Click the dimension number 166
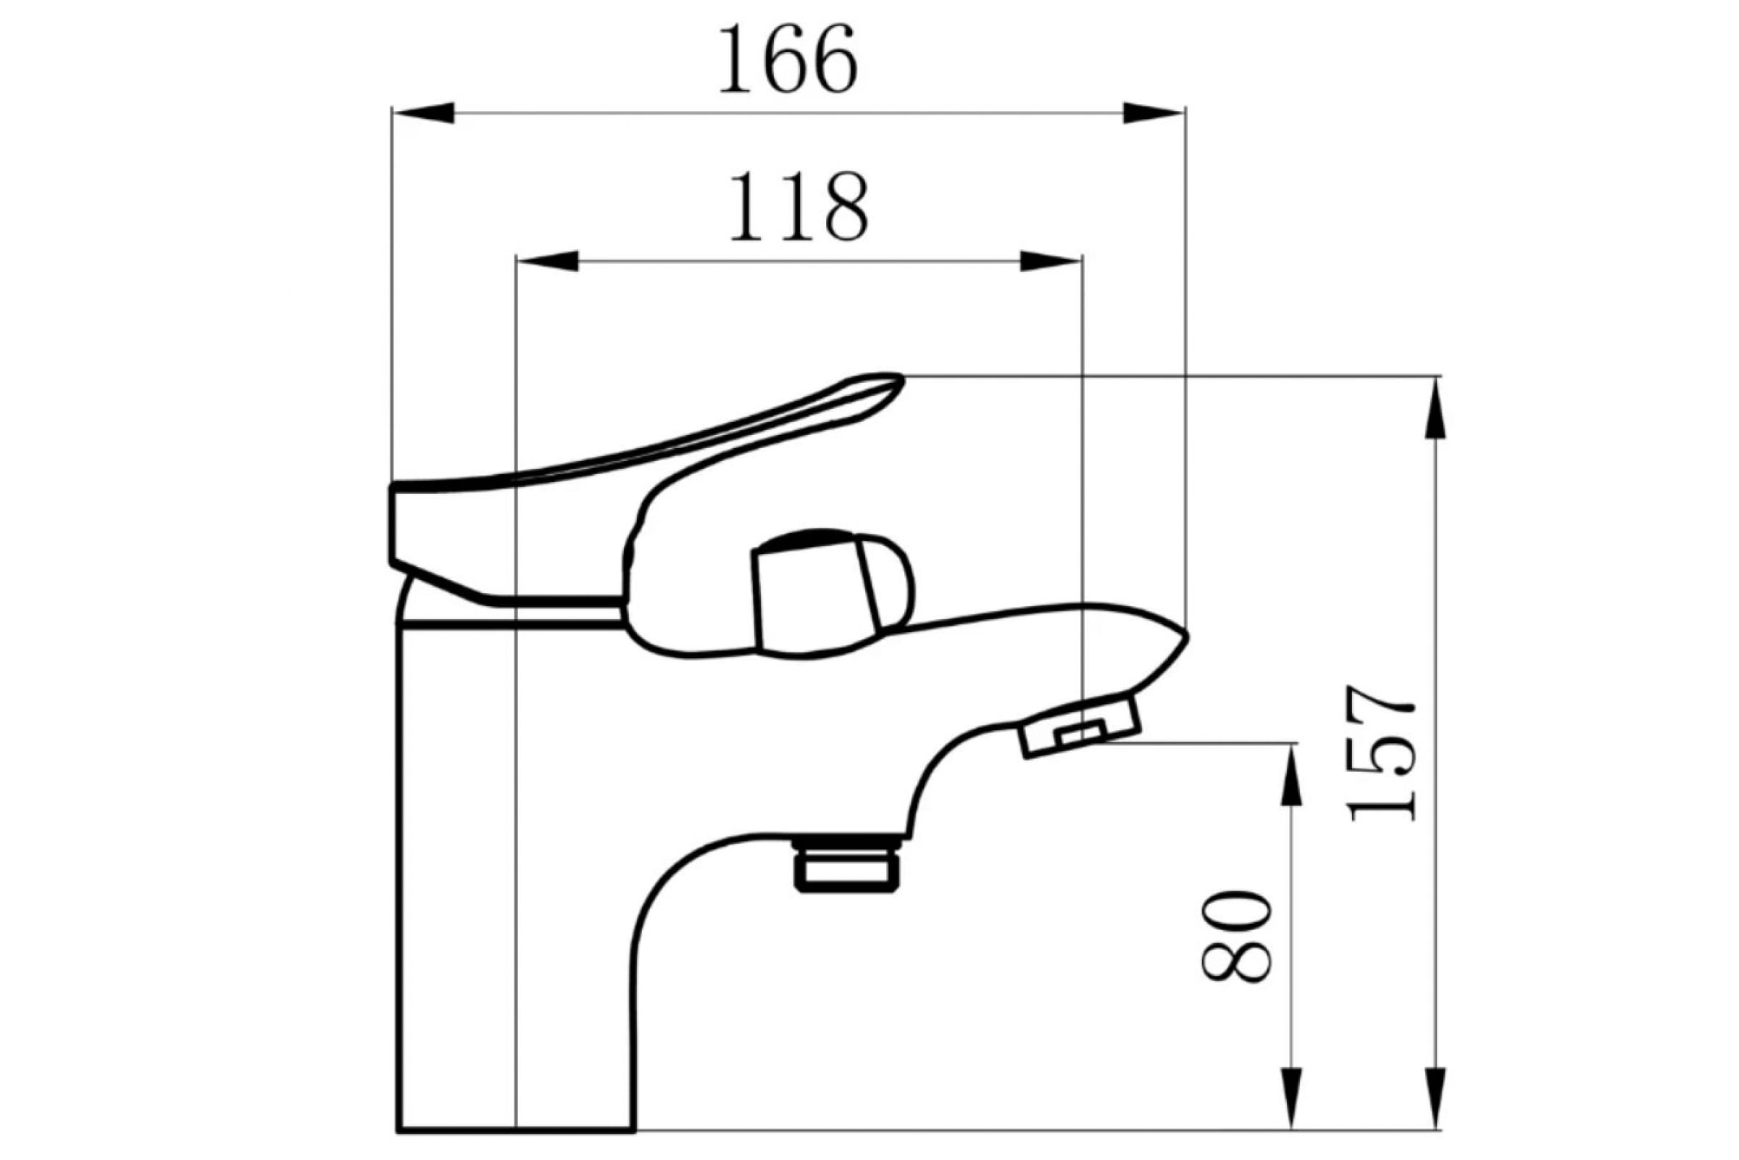coord(788,59)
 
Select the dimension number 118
coord(798,207)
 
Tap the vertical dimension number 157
coord(1381,753)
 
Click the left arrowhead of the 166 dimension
coord(423,113)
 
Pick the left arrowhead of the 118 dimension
coord(547,261)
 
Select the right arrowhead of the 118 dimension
coord(1050,261)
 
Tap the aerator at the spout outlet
coord(1080,726)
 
